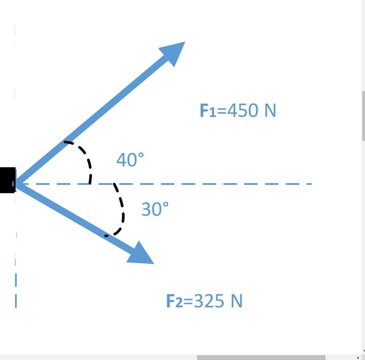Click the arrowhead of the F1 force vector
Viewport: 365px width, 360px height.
point(175,51)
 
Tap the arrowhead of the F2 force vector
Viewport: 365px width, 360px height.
point(142,255)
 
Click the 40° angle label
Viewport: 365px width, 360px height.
point(130,160)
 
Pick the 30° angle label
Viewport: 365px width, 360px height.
point(155,209)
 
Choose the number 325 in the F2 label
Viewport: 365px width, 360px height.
point(209,301)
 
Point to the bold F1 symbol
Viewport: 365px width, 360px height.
point(208,111)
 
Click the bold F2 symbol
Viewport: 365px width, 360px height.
point(174,302)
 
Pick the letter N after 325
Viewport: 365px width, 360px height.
point(236,301)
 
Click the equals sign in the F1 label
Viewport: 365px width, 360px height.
point(222,111)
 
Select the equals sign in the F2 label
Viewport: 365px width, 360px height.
point(188,302)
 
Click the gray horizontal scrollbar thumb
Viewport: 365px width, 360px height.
point(261,357)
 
